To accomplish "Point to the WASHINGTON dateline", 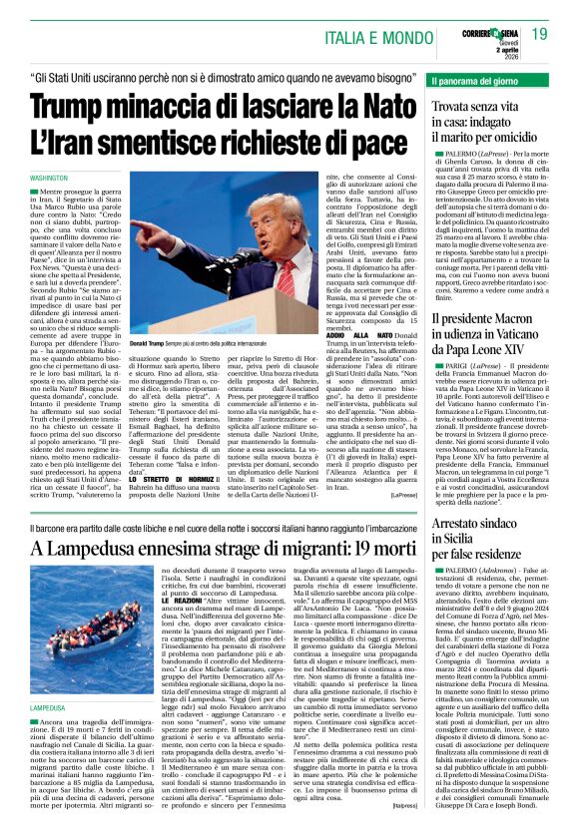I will [49, 178].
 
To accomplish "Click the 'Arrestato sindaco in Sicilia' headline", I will [489, 538].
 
